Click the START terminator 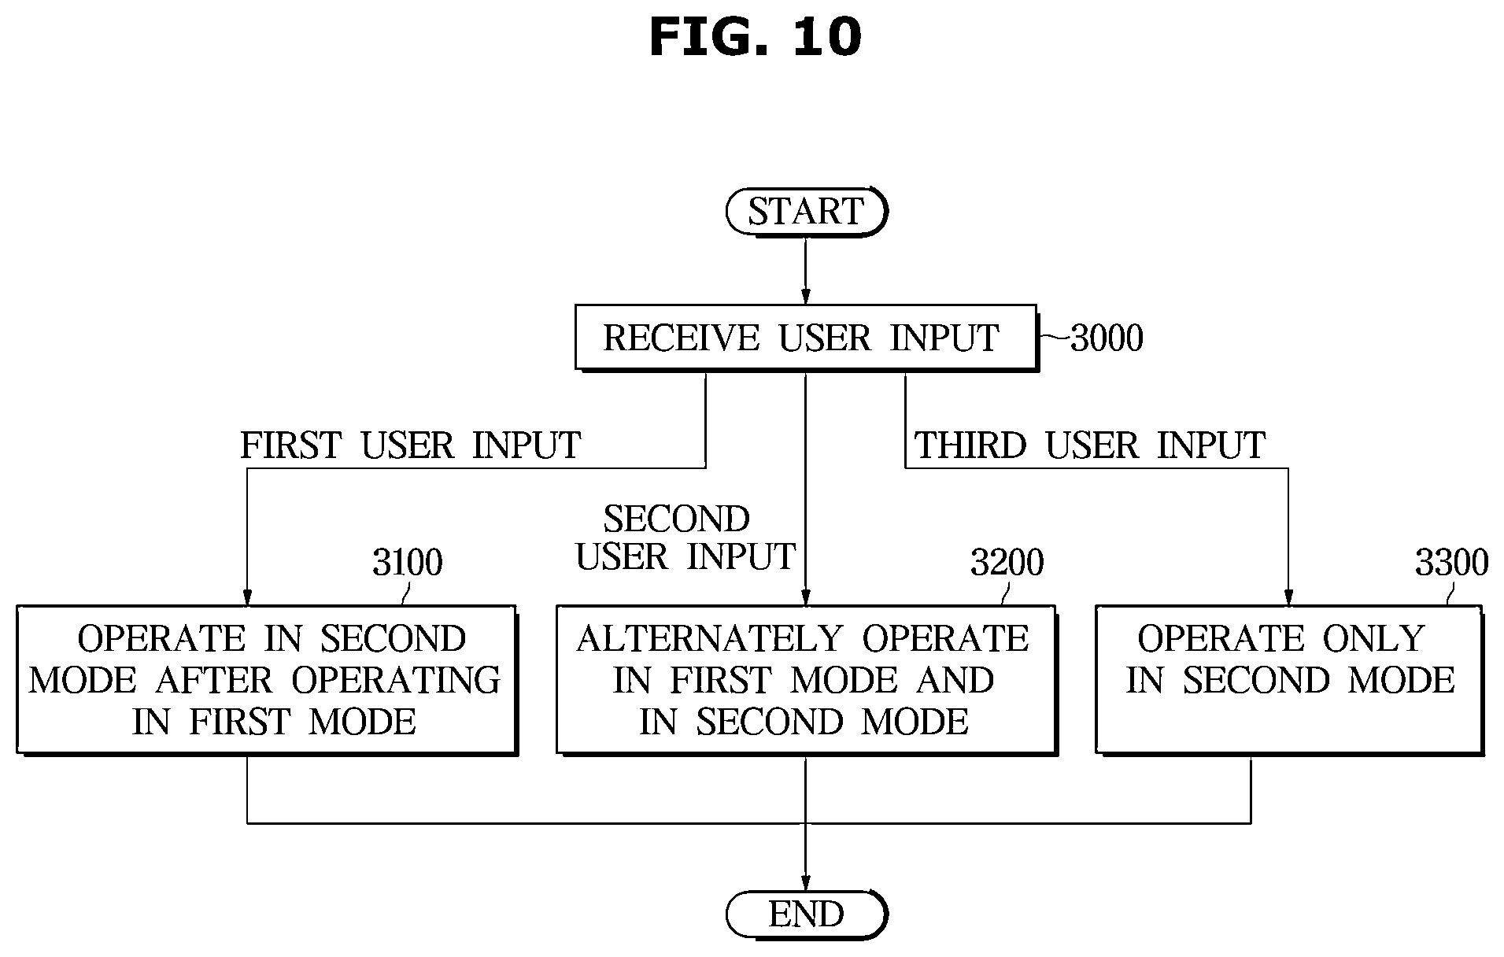coord(806,212)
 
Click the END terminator coord(806,915)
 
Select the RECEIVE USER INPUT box coord(806,338)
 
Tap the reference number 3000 coord(1107,338)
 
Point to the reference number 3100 coord(407,563)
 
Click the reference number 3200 coord(1007,563)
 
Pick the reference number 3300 coord(1451,563)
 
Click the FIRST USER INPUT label coord(411,445)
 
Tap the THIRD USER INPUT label coord(1090,445)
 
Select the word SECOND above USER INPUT coord(677,519)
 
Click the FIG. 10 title coord(756,37)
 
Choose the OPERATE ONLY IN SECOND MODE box coord(1289,680)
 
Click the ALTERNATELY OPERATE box coord(806,680)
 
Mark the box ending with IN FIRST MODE coord(267,680)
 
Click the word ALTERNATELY coord(710,639)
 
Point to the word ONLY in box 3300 coord(1373,639)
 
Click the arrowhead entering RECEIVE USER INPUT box coord(806,295)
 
